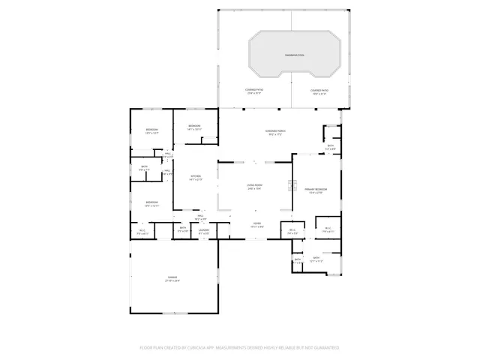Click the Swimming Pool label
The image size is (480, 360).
tap(294, 56)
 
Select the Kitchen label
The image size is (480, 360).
tap(196, 176)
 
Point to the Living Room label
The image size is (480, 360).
tap(254, 184)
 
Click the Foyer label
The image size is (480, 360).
tap(256, 223)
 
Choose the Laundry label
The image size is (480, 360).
tap(204, 230)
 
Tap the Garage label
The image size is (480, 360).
tap(173, 277)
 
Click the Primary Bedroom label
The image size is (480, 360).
tap(315, 189)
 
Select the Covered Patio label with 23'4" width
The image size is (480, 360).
tap(253, 90)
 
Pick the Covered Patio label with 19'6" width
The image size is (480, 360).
tap(319, 90)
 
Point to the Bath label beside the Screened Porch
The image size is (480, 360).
tap(330, 145)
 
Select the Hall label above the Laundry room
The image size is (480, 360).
tap(201, 216)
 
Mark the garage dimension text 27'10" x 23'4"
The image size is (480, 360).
tap(173, 281)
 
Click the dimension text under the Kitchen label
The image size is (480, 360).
tap(196, 180)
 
